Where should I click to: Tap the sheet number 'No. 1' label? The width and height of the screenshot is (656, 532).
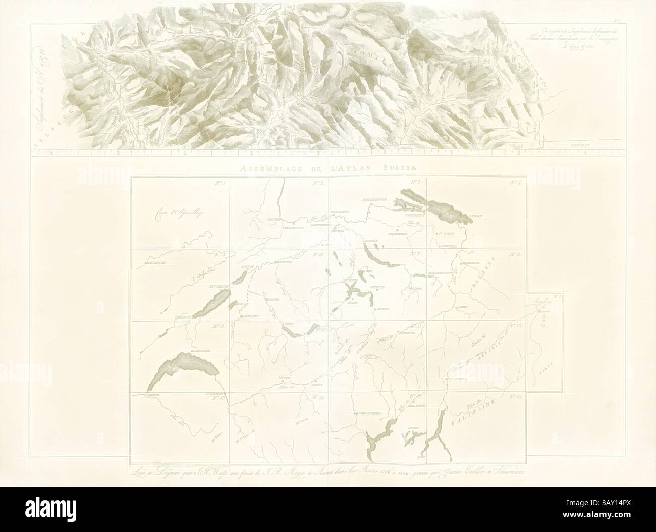coord(222,183)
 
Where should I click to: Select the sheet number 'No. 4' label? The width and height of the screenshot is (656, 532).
coord(515,183)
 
